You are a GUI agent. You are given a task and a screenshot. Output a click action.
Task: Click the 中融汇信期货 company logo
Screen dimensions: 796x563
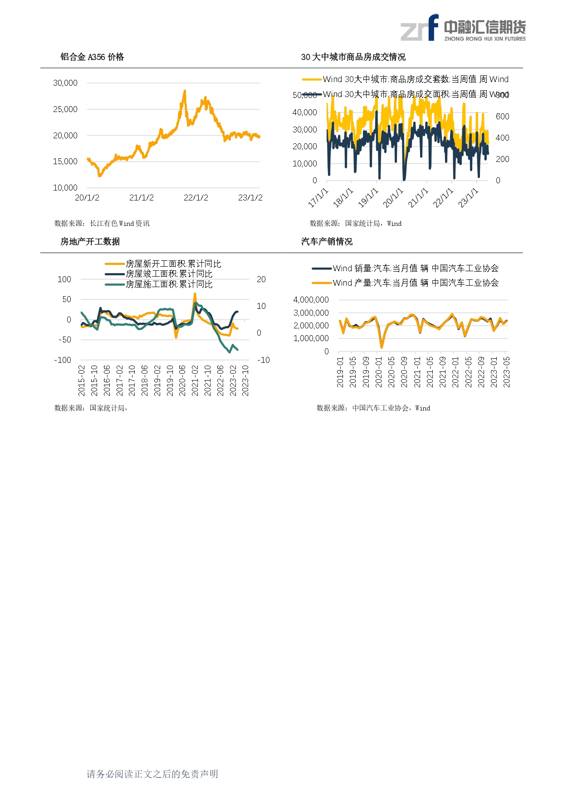point(463,28)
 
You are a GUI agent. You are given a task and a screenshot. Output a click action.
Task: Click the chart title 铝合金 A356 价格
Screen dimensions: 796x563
point(92,57)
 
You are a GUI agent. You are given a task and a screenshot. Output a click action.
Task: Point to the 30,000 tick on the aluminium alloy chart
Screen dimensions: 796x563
point(65,83)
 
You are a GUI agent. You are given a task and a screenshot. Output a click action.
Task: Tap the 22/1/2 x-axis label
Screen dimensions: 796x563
point(196,198)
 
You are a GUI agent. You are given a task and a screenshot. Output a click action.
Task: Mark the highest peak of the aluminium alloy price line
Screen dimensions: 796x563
point(185,91)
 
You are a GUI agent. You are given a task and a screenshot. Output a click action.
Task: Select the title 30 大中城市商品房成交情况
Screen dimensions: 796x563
point(353,57)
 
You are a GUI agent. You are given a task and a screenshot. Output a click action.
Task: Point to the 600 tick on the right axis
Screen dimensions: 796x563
point(502,117)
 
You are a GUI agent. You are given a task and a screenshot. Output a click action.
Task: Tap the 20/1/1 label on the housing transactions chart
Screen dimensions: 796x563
point(393,198)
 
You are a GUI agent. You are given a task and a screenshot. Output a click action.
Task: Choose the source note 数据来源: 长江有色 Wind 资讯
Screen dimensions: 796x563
point(102,224)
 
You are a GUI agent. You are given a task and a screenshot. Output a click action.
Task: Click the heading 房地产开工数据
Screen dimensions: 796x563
point(90,242)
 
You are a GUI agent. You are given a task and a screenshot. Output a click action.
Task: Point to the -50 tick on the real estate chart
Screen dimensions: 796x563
point(65,340)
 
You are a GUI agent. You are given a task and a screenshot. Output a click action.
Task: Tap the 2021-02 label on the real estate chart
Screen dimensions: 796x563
point(195,381)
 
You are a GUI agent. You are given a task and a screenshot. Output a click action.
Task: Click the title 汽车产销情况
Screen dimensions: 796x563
point(327,242)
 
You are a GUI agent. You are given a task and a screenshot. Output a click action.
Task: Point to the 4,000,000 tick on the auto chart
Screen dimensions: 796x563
point(311,300)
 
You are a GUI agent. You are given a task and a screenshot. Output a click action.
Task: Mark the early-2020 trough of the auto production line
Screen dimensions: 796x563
point(382,347)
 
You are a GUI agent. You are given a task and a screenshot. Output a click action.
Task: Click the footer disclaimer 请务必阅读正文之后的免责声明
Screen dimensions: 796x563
point(152,774)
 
